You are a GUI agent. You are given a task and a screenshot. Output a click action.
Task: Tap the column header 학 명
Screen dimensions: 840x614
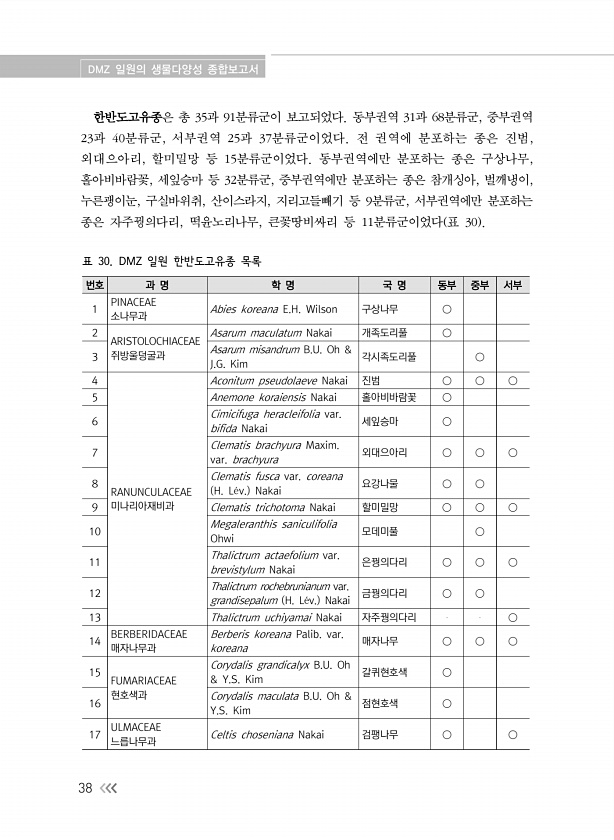282,285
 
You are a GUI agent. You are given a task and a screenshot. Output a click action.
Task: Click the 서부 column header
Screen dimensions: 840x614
512,285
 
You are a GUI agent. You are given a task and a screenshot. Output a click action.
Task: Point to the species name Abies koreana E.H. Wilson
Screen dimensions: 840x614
274,309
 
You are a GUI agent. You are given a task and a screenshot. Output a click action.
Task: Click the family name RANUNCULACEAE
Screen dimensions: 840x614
151,491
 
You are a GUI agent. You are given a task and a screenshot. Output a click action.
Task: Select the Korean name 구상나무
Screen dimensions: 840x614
379,309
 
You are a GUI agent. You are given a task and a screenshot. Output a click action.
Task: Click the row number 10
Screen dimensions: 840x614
94,530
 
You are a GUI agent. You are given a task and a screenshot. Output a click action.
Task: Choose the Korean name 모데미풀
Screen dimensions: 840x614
379,530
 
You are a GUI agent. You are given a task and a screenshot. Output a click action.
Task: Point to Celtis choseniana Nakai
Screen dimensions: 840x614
267,735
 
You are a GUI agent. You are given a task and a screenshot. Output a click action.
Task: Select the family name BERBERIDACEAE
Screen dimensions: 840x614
149,634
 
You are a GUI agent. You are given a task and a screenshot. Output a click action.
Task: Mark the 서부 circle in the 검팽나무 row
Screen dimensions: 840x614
512,735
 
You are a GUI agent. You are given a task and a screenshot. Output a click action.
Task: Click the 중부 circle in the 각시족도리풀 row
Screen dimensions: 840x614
479,356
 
